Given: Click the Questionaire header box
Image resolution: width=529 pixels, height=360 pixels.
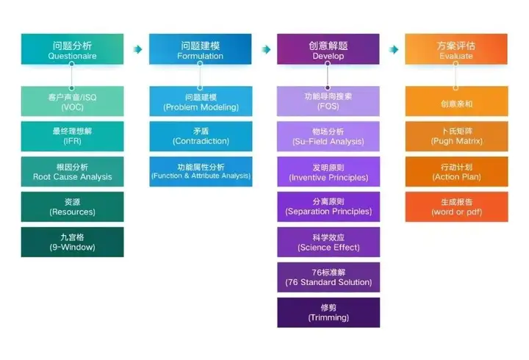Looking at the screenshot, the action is click(72, 49).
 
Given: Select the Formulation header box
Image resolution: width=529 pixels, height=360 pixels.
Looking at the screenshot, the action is click(200, 49).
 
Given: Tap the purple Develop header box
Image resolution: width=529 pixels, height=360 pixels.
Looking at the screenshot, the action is click(328, 49).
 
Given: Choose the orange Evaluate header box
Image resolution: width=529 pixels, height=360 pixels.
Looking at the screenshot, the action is click(456, 49).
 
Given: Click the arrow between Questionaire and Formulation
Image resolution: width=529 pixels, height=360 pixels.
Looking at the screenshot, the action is click(137, 49).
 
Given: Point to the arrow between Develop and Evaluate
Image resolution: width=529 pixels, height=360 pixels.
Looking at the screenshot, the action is click(394, 49).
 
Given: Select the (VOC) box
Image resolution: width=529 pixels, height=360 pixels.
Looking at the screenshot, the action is click(72, 101).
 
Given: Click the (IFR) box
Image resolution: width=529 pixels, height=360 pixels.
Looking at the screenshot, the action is click(72, 136).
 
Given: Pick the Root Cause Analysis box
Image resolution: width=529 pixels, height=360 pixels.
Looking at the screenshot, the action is click(72, 171).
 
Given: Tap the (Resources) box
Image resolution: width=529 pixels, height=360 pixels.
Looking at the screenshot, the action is click(72, 206).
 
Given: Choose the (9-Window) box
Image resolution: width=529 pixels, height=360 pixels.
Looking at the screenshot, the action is click(72, 242).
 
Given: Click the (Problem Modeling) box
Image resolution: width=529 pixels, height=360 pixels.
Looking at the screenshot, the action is click(200, 101).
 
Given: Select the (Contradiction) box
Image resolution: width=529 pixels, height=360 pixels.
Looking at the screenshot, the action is click(200, 136).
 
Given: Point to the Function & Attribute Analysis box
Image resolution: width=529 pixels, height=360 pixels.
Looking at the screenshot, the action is click(200, 171).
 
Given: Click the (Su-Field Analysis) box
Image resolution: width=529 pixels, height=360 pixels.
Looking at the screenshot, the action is click(328, 136).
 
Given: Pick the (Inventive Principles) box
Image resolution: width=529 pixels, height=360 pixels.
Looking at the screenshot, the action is click(328, 171).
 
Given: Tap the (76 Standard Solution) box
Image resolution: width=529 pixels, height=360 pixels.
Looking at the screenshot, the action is click(328, 277).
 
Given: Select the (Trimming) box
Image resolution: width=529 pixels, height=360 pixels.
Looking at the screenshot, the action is click(328, 312).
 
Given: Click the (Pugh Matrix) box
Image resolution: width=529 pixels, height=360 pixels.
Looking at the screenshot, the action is click(456, 136).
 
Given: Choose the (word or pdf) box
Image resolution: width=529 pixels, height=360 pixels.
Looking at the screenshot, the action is click(456, 206).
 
